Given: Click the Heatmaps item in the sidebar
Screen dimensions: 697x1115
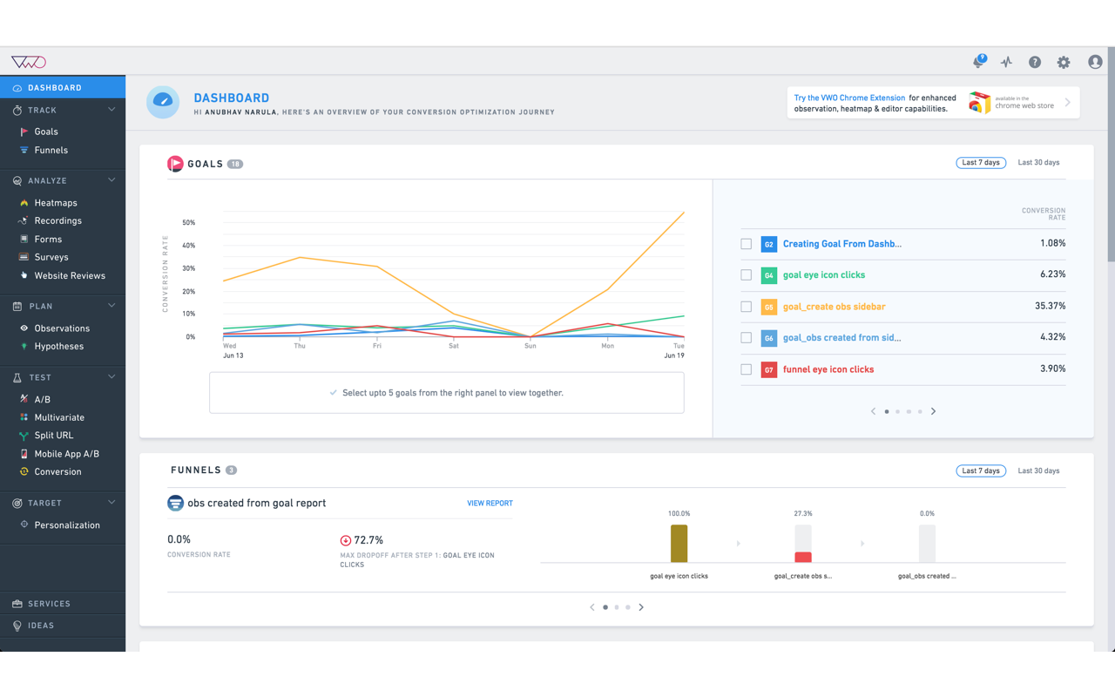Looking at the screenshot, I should point(56,203).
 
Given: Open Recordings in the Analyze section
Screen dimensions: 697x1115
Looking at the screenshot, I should point(57,221).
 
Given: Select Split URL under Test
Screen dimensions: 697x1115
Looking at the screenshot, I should point(54,436).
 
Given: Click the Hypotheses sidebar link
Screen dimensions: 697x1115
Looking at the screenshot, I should point(59,347).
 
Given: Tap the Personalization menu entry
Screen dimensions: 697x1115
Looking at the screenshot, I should point(67,525).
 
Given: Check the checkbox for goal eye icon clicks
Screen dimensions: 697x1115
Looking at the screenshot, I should point(747,275).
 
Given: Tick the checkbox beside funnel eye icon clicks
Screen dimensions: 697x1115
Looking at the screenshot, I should point(747,369).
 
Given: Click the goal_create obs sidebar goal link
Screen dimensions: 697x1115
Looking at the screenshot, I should point(834,307).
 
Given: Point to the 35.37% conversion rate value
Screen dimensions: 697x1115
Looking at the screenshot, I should point(1050,306).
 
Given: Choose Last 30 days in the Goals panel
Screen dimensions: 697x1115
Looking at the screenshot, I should point(1038,163).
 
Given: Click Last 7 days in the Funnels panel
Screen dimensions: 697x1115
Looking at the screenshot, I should point(981,471).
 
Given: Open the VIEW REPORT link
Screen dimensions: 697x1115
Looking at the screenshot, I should point(490,504).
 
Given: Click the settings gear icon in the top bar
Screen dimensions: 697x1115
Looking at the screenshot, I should point(1064,63).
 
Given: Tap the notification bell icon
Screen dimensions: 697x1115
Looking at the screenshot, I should point(978,63).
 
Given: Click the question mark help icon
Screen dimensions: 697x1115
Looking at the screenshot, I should point(1035,63).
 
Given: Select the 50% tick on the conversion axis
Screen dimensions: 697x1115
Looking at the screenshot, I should point(189,223).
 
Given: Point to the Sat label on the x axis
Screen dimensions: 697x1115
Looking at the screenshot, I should point(454,346).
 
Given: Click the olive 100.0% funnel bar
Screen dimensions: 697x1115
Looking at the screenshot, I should point(679,544).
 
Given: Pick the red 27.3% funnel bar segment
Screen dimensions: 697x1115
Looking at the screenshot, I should point(803,557).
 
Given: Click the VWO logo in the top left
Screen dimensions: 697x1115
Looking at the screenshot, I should point(28,62).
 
